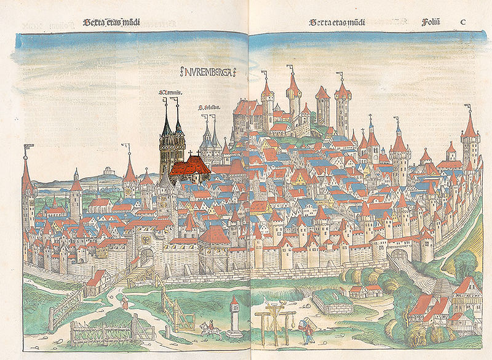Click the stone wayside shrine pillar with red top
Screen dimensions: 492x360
coord(234,317)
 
